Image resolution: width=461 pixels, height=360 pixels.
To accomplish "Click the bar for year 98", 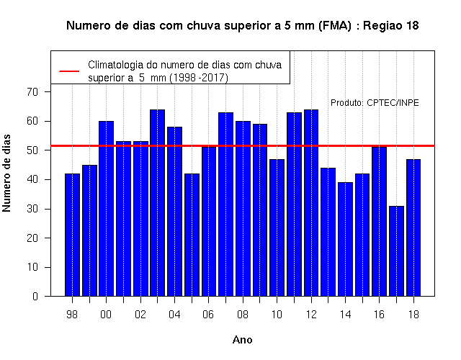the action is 72,235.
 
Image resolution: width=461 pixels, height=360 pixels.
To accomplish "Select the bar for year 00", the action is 106,209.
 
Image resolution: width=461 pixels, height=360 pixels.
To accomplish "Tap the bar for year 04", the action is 174,212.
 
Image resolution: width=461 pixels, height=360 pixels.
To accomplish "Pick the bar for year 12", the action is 311,203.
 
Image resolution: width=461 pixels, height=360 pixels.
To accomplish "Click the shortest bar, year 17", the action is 396,251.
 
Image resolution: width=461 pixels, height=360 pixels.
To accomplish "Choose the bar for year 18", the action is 413,228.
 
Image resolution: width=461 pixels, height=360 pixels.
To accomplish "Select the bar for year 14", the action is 345,239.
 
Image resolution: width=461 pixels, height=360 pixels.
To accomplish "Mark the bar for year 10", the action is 277,228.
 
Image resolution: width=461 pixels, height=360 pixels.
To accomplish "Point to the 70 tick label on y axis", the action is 32,92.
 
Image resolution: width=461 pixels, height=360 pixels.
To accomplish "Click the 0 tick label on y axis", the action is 35,296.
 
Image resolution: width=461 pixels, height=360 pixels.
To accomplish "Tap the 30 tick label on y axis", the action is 32,209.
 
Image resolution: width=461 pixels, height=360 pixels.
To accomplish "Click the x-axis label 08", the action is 243,315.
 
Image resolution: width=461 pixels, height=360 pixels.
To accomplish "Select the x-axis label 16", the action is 379,315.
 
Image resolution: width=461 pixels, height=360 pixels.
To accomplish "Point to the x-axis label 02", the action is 140,315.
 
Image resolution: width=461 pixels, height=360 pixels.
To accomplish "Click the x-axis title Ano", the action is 243,340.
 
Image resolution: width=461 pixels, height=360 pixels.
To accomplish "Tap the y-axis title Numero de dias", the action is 6,173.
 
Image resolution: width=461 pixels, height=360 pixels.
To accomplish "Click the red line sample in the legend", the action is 69,71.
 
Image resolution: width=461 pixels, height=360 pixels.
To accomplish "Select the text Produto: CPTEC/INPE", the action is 375,103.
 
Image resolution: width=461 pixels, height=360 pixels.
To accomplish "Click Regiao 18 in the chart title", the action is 391,26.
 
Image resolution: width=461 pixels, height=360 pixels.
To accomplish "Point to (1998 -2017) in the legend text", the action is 199,78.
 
